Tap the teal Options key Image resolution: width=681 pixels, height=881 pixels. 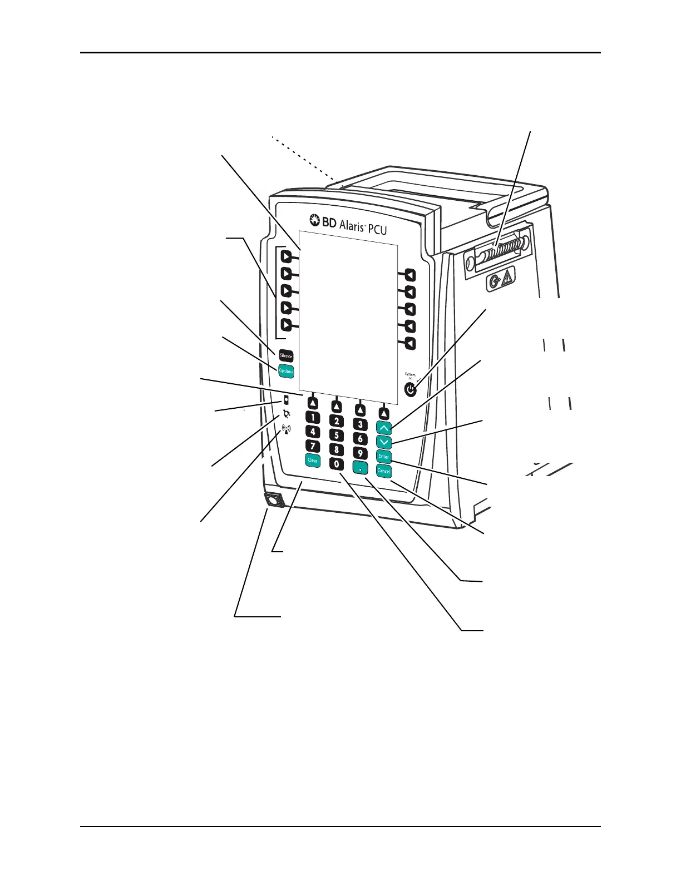click(x=286, y=371)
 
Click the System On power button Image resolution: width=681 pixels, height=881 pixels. click(x=411, y=390)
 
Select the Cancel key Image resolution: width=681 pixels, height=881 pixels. click(x=384, y=471)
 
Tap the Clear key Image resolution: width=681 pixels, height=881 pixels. click(x=313, y=460)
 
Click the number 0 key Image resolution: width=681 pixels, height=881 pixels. click(x=337, y=463)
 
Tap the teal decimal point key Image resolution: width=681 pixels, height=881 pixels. click(x=361, y=468)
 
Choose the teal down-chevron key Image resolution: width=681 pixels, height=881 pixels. click(x=384, y=442)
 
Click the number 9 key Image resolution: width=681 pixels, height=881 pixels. click(x=361, y=454)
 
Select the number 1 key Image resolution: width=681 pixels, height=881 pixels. click(x=313, y=417)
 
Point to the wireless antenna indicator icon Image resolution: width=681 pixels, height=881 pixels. click(x=287, y=429)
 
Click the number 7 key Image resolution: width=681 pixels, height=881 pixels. click(x=313, y=446)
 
